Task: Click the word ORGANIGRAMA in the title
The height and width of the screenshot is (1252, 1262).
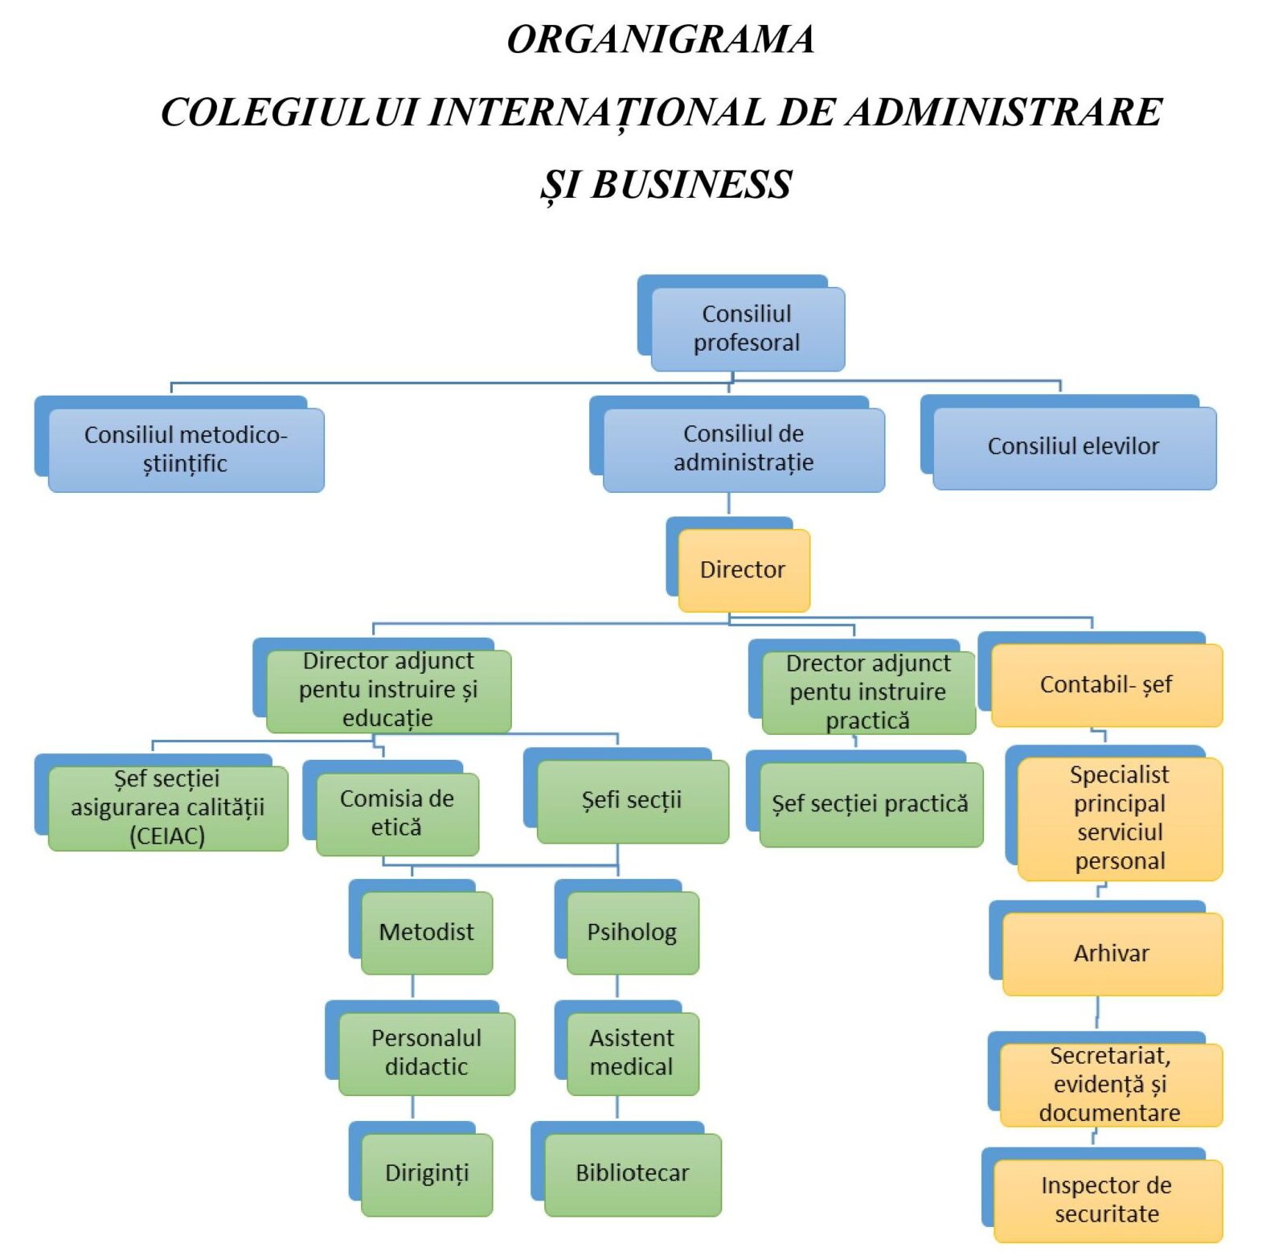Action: (x=661, y=39)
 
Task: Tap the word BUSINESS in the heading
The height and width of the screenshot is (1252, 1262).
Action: (x=690, y=184)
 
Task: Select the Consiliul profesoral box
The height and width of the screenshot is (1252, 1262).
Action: (x=748, y=328)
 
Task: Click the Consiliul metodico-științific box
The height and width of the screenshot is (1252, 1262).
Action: (x=186, y=449)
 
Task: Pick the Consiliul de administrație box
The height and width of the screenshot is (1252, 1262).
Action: (x=744, y=449)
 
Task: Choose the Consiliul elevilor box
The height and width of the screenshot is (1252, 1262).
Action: (x=1074, y=447)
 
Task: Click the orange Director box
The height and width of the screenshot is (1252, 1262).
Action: (x=744, y=570)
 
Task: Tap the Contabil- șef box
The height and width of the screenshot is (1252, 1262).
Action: (x=1107, y=684)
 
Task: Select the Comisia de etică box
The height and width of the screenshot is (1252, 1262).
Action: (x=397, y=813)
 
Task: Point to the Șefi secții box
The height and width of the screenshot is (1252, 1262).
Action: (x=633, y=801)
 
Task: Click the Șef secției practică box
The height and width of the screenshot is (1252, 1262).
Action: (x=871, y=804)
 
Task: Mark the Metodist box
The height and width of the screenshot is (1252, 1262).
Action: (x=427, y=932)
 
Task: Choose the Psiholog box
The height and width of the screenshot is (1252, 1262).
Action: (x=633, y=932)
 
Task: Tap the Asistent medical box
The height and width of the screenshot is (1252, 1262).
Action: (x=633, y=1053)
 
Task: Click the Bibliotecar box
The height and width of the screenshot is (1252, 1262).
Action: (x=633, y=1173)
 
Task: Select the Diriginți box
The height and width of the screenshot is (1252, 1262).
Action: (x=427, y=1173)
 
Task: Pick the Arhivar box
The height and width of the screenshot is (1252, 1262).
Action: (x=1112, y=954)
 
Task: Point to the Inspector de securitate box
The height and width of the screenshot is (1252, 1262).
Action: (x=1108, y=1200)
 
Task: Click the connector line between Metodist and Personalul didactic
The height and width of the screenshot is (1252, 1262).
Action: (x=412, y=987)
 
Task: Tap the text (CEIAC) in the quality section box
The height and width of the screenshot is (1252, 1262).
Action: (x=167, y=836)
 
